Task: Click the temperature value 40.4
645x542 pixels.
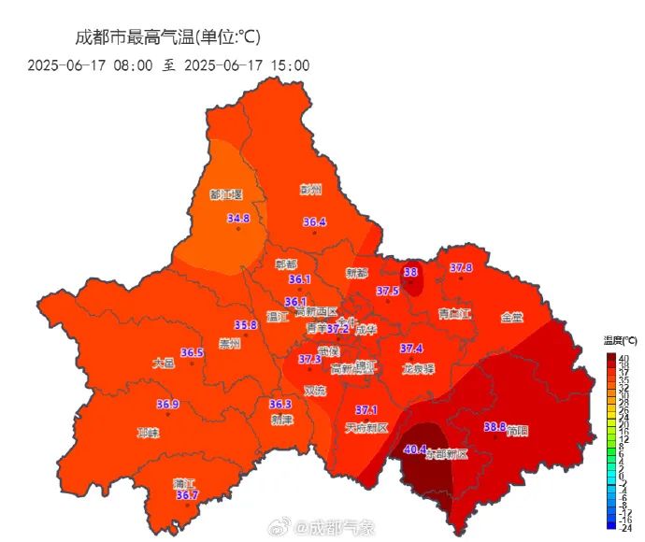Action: tap(415, 449)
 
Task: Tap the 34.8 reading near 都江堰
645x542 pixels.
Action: tap(238, 219)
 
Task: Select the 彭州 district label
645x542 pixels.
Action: tap(310, 190)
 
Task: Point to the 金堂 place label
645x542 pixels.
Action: tap(511, 318)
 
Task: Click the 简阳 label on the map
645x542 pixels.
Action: tap(517, 432)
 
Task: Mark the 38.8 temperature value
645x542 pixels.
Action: tap(494, 427)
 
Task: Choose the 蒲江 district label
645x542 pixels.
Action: tap(184, 483)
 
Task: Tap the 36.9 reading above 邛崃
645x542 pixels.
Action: tap(167, 405)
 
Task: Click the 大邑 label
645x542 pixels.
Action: tap(163, 364)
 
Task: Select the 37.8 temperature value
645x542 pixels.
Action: tap(461, 268)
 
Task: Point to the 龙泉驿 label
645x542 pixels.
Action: tap(418, 369)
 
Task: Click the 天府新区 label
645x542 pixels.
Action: tap(366, 428)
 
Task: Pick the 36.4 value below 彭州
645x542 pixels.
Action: tap(315, 222)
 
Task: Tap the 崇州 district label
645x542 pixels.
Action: tap(229, 344)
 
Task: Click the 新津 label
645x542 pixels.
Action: tap(281, 420)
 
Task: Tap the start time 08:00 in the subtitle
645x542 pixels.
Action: tap(133, 64)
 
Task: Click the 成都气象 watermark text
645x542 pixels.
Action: tap(342, 527)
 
